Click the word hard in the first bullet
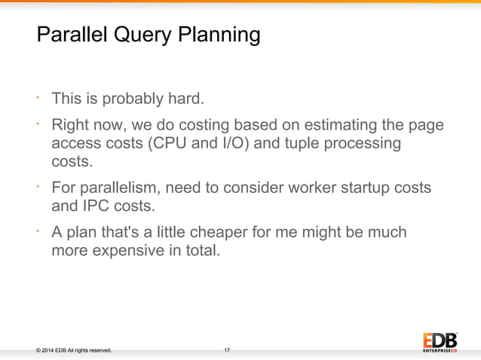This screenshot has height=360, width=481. (185, 99)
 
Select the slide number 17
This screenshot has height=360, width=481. (227, 350)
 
